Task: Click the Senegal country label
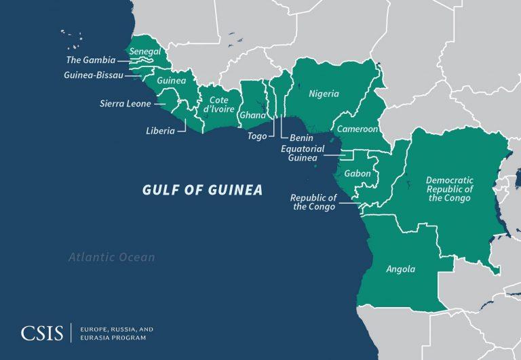tap(146, 52)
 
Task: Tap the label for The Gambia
tap(90, 60)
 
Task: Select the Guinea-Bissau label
tap(94, 75)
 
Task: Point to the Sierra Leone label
tap(125, 104)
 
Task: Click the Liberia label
tap(160, 130)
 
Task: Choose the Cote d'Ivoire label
tap(218, 104)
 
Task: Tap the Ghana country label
tap(252, 115)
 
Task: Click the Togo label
tap(257, 136)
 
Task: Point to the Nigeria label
tap(324, 94)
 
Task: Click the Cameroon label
tap(357, 128)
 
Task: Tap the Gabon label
tap(358, 174)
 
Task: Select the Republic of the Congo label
tap(313, 202)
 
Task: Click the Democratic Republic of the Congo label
tap(449, 188)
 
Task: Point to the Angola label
tap(400, 269)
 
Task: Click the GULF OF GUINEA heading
tap(202, 190)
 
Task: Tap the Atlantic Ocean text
tap(111, 258)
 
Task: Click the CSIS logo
tap(42, 333)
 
